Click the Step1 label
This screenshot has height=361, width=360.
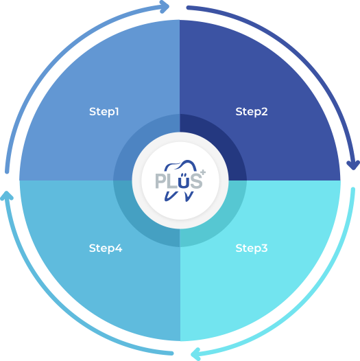point(104,112)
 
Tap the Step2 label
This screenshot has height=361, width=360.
point(252,112)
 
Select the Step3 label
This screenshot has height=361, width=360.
point(252,248)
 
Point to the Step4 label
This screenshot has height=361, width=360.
point(106,248)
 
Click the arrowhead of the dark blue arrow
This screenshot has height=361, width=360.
point(353,165)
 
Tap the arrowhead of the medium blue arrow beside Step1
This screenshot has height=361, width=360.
point(165,7)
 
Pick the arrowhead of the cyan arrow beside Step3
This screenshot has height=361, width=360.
point(195,353)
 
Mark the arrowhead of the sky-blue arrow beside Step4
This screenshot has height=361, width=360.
point(7,196)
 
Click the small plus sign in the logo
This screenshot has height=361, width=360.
point(203,172)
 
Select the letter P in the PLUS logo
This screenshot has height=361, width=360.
point(160,181)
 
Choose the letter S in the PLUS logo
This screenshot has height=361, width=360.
point(196,181)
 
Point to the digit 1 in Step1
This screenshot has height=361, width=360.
point(117,111)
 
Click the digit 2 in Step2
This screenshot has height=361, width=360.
point(265,111)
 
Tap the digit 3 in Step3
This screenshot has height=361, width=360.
point(265,248)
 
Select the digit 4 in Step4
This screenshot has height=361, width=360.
point(119,248)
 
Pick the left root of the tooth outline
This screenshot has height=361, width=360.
point(170,196)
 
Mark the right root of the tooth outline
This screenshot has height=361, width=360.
point(189,196)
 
